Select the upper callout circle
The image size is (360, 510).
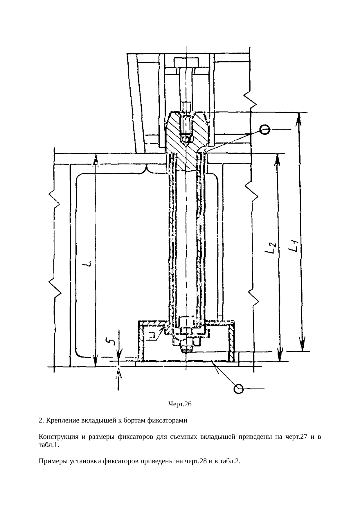click(265, 130)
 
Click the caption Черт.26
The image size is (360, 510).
click(180, 404)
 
